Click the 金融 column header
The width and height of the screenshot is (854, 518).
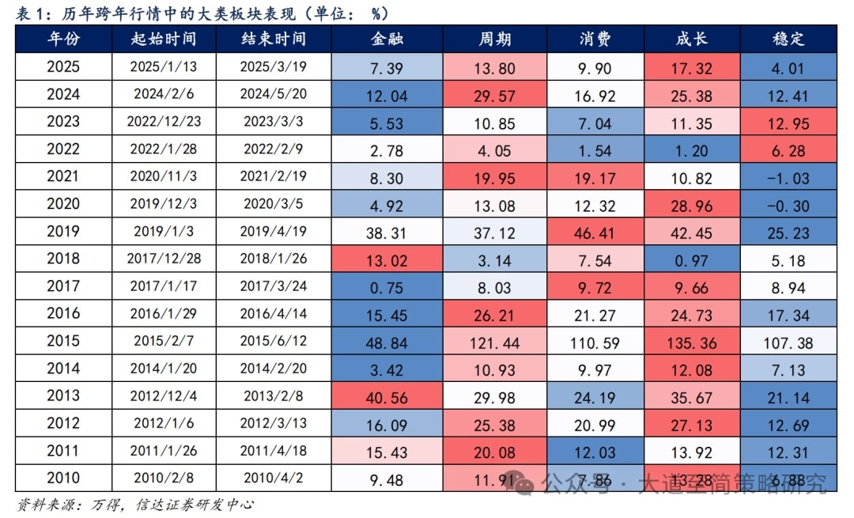click(387, 39)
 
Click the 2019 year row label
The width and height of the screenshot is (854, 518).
click(63, 233)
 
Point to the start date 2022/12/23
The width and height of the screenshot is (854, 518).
click(164, 123)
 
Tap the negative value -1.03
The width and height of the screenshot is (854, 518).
click(788, 179)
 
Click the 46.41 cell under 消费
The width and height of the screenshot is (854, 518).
click(595, 233)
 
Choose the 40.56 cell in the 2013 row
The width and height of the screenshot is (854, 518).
click(387, 397)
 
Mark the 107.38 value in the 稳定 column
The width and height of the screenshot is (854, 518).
click(788, 342)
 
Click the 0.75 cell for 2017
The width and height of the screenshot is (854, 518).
click(387, 288)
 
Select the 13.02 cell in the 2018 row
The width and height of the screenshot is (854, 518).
click(387, 260)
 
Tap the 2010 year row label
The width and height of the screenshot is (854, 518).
click(63, 478)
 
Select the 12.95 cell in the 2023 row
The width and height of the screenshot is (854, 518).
click(788, 123)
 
